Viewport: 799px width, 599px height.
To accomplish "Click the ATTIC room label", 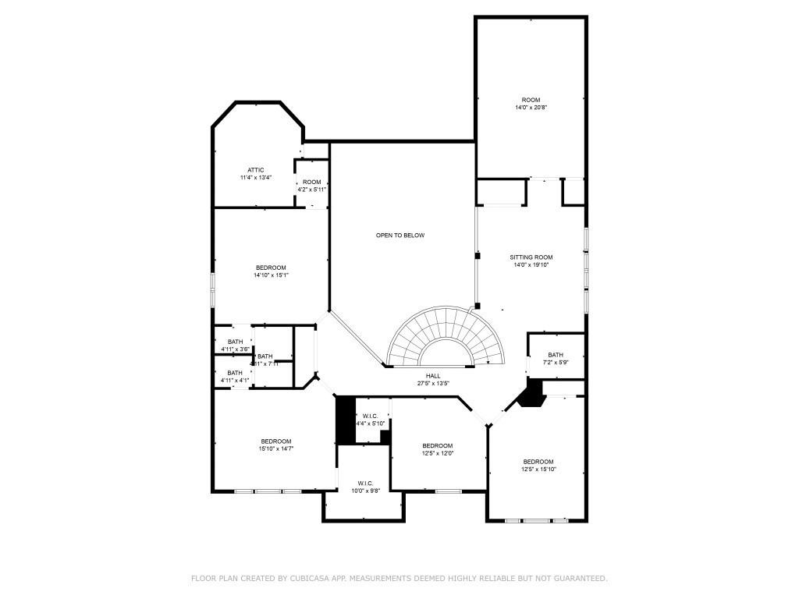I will (x=256, y=170).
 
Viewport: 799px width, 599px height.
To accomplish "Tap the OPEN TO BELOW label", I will (x=400, y=236).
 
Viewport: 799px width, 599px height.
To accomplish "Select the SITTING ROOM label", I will (x=531, y=257).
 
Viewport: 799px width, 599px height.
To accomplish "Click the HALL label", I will (x=433, y=376).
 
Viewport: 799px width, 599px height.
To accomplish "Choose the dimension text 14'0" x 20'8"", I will (x=531, y=108).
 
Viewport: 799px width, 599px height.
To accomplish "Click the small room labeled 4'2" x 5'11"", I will (x=311, y=186).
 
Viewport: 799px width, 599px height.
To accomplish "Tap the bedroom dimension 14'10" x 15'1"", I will (x=271, y=275).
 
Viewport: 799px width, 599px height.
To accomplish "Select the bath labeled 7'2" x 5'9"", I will (x=556, y=359).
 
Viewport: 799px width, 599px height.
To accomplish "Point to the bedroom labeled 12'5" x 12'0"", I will (x=437, y=449).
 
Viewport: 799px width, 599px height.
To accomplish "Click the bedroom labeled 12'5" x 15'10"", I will (x=538, y=465).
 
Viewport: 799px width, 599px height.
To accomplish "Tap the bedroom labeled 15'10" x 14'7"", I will (x=275, y=445).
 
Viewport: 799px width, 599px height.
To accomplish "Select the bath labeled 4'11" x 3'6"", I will (x=235, y=346).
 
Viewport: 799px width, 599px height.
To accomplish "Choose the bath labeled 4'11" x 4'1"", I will (x=234, y=377).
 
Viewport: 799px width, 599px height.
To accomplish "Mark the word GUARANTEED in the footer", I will (x=578, y=578).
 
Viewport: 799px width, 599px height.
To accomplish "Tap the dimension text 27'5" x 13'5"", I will (x=432, y=384).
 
